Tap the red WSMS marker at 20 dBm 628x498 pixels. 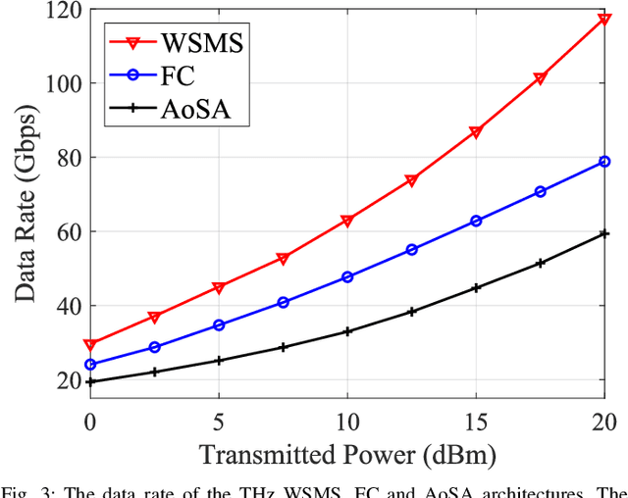pos(604,19)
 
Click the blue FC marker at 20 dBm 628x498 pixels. pos(604,162)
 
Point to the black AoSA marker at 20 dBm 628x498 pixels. pos(604,233)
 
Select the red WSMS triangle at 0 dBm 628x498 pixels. pos(90,345)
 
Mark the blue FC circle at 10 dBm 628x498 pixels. pos(347,277)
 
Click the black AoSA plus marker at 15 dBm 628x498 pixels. pos(476,288)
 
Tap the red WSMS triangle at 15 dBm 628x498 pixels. pos(476,132)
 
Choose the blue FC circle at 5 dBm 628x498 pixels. pos(219,324)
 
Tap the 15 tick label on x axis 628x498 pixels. pos(476,423)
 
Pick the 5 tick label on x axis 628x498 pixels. pos(219,423)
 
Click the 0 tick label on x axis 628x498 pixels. pos(90,423)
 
